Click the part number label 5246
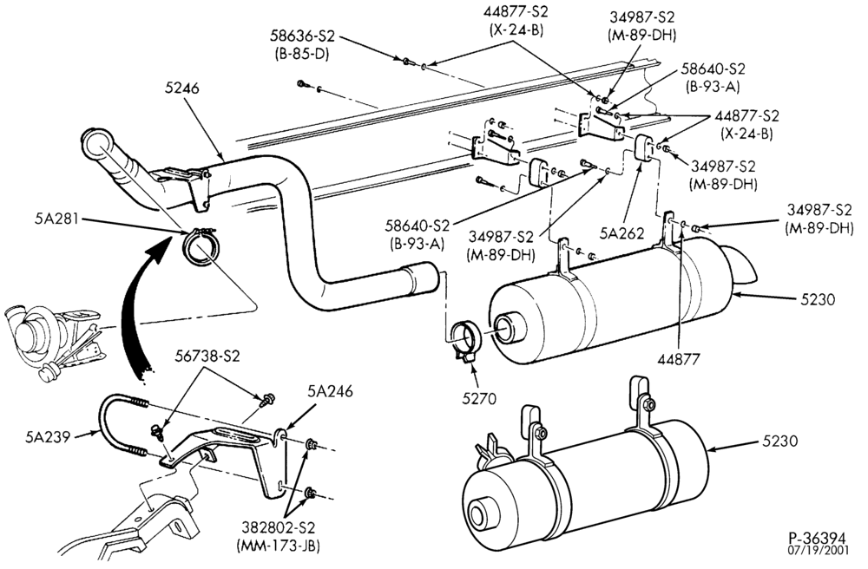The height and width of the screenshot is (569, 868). tap(181, 88)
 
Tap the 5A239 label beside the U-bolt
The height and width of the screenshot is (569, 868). tap(47, 437)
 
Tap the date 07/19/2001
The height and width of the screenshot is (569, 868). tap(818, 551)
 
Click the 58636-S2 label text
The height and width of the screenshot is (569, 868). tap(303, 37)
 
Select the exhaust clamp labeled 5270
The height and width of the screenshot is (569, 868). tap(464, 339)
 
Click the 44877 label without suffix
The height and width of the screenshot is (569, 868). tap(680, 359)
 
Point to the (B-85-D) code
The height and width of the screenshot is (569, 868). tap(302, 54)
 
